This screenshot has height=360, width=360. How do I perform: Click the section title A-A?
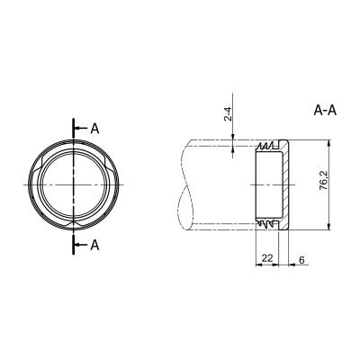pos(325,111)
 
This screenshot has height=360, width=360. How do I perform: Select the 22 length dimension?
pos(267,257)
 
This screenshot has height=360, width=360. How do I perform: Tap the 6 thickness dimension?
pos(301,260)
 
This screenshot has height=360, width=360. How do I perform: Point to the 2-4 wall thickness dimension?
pos(229,114)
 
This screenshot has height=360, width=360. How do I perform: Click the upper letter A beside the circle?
pos(94,129)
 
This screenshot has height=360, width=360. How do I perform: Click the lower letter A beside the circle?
pos(94,245)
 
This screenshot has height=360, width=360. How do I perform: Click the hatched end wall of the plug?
pos(285,184)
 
